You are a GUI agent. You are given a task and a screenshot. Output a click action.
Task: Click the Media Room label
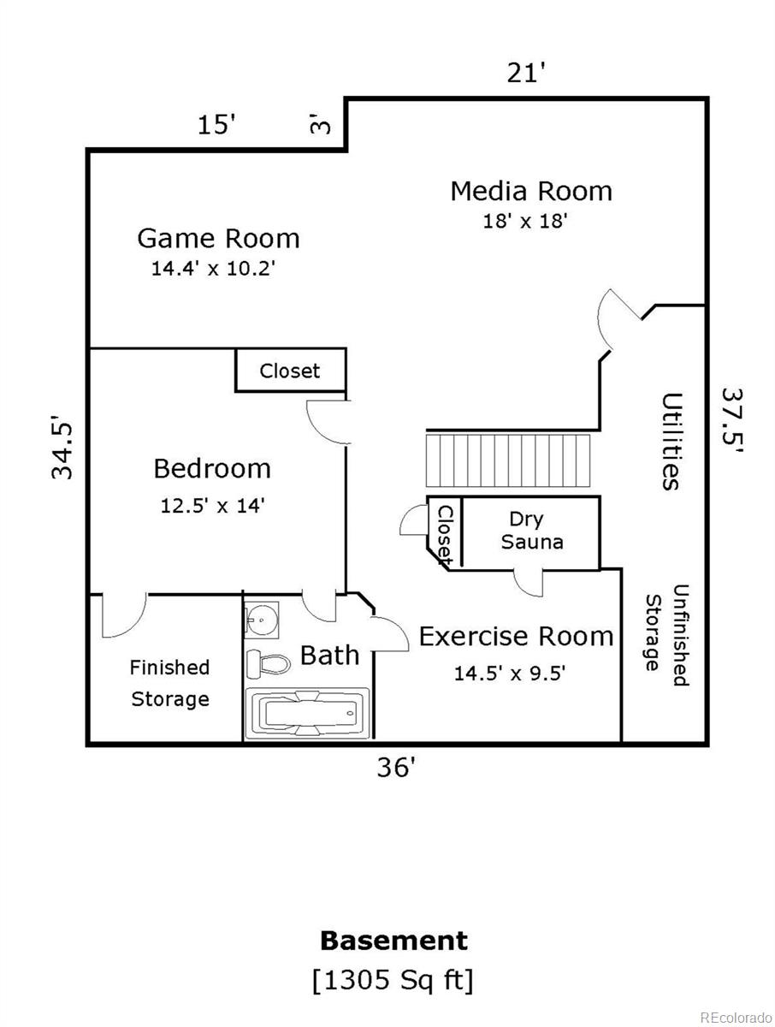point(531,190)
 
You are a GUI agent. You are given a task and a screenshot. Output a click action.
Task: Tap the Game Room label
point(218,237)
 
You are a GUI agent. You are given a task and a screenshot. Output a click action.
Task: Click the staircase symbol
point(510,461)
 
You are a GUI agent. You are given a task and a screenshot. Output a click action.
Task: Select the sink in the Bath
point(260,620)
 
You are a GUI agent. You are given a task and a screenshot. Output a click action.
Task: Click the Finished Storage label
point(169,683)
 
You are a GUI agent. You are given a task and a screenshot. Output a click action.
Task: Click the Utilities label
point(672,441)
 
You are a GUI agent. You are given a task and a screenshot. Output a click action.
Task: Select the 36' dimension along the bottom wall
point(397,768)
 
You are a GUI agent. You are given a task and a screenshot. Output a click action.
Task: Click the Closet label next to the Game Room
point(290,371)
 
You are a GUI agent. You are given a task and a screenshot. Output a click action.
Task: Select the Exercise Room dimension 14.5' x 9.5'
point(509,674)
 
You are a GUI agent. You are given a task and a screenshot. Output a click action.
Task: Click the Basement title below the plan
point(393,941)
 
